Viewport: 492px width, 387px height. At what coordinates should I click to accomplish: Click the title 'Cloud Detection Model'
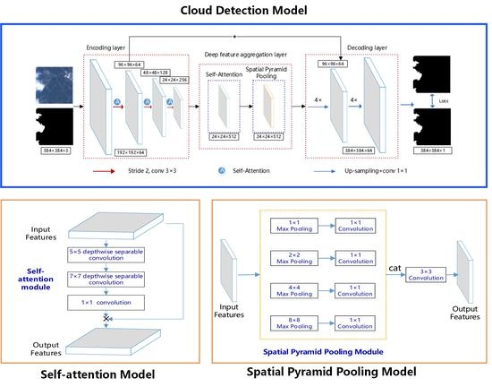tap(245, 10)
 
